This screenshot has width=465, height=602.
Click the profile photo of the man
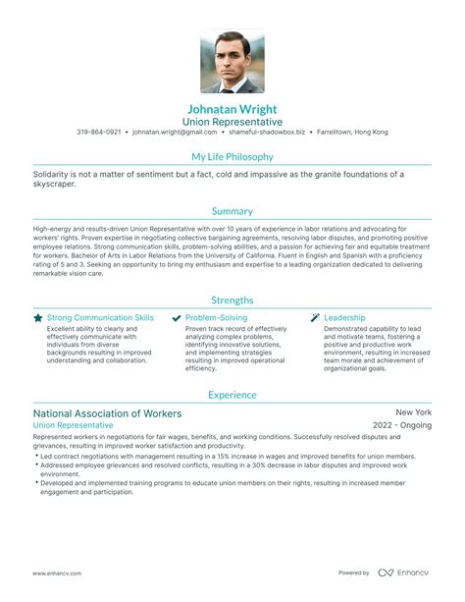(232, 59)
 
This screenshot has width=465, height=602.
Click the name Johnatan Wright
(232, 108)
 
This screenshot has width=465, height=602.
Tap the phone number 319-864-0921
(99, 132)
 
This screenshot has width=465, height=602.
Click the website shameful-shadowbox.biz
(268, 132)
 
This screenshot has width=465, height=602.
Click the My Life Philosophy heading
(232, 156)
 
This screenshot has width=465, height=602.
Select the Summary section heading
(232, 211)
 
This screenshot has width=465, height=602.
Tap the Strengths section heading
(232, 300)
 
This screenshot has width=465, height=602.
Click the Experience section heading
(232, 367)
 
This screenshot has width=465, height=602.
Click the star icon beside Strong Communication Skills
(37, 318)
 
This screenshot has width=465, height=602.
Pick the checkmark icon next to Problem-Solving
(176, 318)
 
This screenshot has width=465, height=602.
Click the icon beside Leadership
(315, 318)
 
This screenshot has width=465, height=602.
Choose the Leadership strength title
(344, 318)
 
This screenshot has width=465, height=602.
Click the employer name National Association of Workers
(108, 386)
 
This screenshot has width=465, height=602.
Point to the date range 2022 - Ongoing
(402, 399)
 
